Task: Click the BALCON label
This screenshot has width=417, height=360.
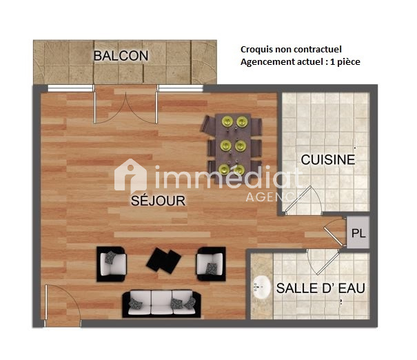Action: click(121, 56)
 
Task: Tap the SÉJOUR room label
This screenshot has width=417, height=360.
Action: click(158, 201)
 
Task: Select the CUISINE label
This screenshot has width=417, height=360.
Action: click(328, 159)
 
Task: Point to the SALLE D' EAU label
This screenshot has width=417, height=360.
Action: click(321, 288)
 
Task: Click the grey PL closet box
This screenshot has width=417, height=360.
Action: click(358, 232)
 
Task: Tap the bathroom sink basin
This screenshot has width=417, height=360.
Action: click(261, 288)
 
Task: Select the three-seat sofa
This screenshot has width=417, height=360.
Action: click(161, 303)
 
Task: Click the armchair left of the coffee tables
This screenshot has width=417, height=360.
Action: click(112, 264)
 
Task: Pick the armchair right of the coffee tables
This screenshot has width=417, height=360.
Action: click(211, 263)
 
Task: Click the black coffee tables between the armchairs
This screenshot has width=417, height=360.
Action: click(163, 261)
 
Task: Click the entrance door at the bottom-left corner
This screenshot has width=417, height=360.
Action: click(63, 305)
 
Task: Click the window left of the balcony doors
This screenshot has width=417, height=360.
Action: click(70, 88)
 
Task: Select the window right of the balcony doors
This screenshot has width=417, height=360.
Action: click(181, 88)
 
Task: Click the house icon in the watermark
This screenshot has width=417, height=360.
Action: click(130, 175)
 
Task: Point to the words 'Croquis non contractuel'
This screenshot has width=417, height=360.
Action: click(291, 49)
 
